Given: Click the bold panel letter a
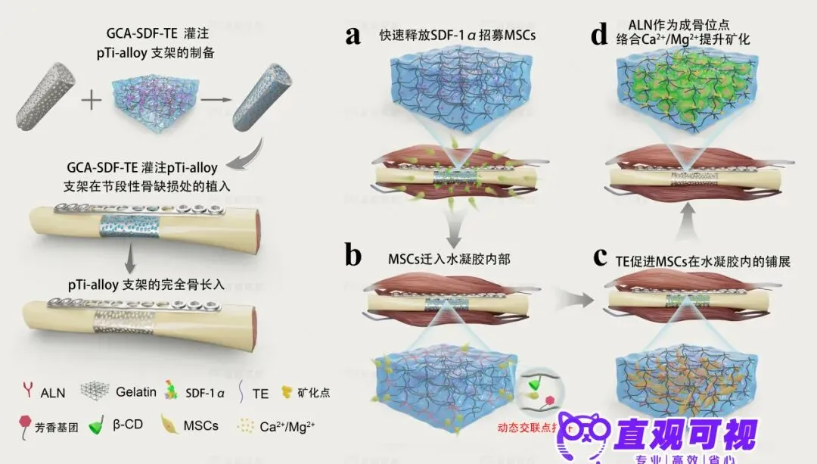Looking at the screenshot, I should coord(353,36).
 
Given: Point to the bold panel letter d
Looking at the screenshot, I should coord(600,36).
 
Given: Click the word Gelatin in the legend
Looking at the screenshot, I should coord(136,392).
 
